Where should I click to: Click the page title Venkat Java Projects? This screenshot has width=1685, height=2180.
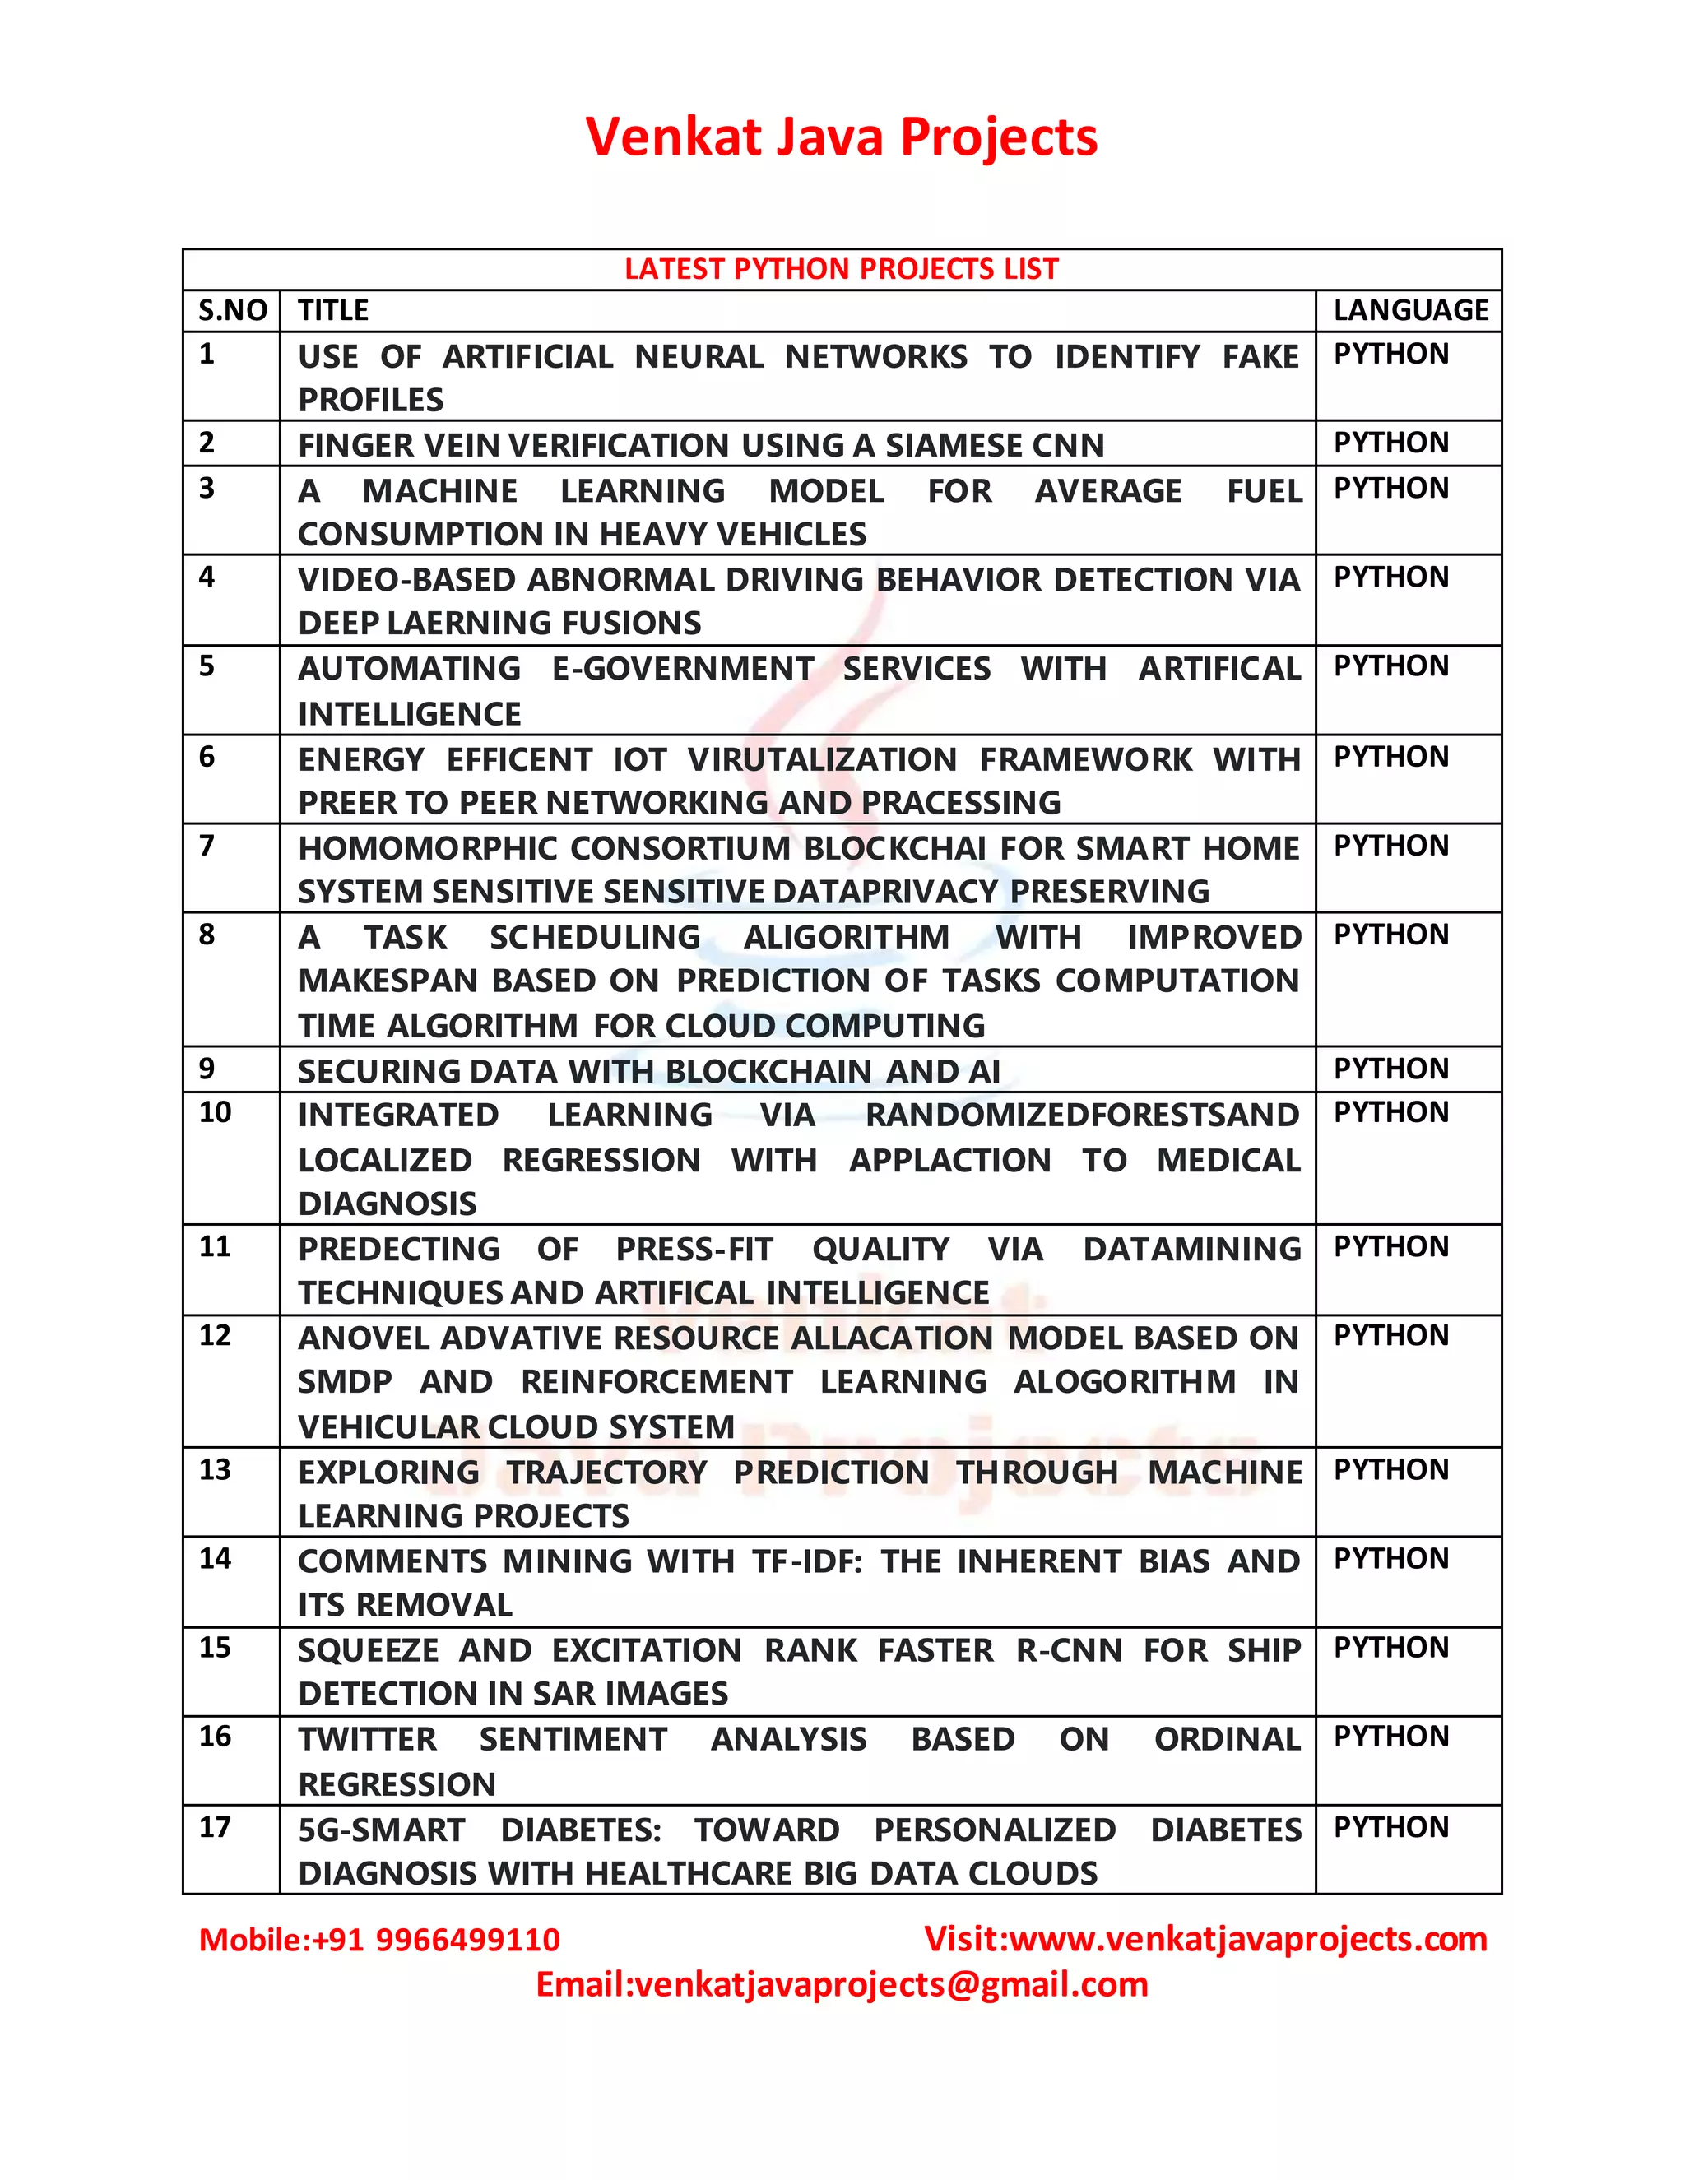(842, 137)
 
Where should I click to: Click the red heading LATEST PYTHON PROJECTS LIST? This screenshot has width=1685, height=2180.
(842, 270)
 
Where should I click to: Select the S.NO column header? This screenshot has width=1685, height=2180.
(233, 310)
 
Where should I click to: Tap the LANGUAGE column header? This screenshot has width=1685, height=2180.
(1410, 310)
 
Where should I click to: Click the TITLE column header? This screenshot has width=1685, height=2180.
(333, 310)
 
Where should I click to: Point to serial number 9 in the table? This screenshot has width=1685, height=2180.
(207, 1069)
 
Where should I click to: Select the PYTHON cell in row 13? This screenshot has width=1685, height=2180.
(1390, 1469)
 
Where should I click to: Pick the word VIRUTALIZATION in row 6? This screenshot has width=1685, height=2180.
(822, 759)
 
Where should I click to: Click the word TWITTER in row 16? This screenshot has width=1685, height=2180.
(367, 1739)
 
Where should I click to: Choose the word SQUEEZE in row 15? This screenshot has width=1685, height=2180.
(369, 1650)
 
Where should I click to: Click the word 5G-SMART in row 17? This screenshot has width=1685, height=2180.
(381, 1830)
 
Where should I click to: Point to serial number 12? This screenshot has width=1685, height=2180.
(215, 1335)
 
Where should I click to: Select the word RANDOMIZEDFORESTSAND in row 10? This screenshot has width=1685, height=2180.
(1082, 1115)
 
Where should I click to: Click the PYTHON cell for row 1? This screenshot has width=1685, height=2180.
(1390, 355)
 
